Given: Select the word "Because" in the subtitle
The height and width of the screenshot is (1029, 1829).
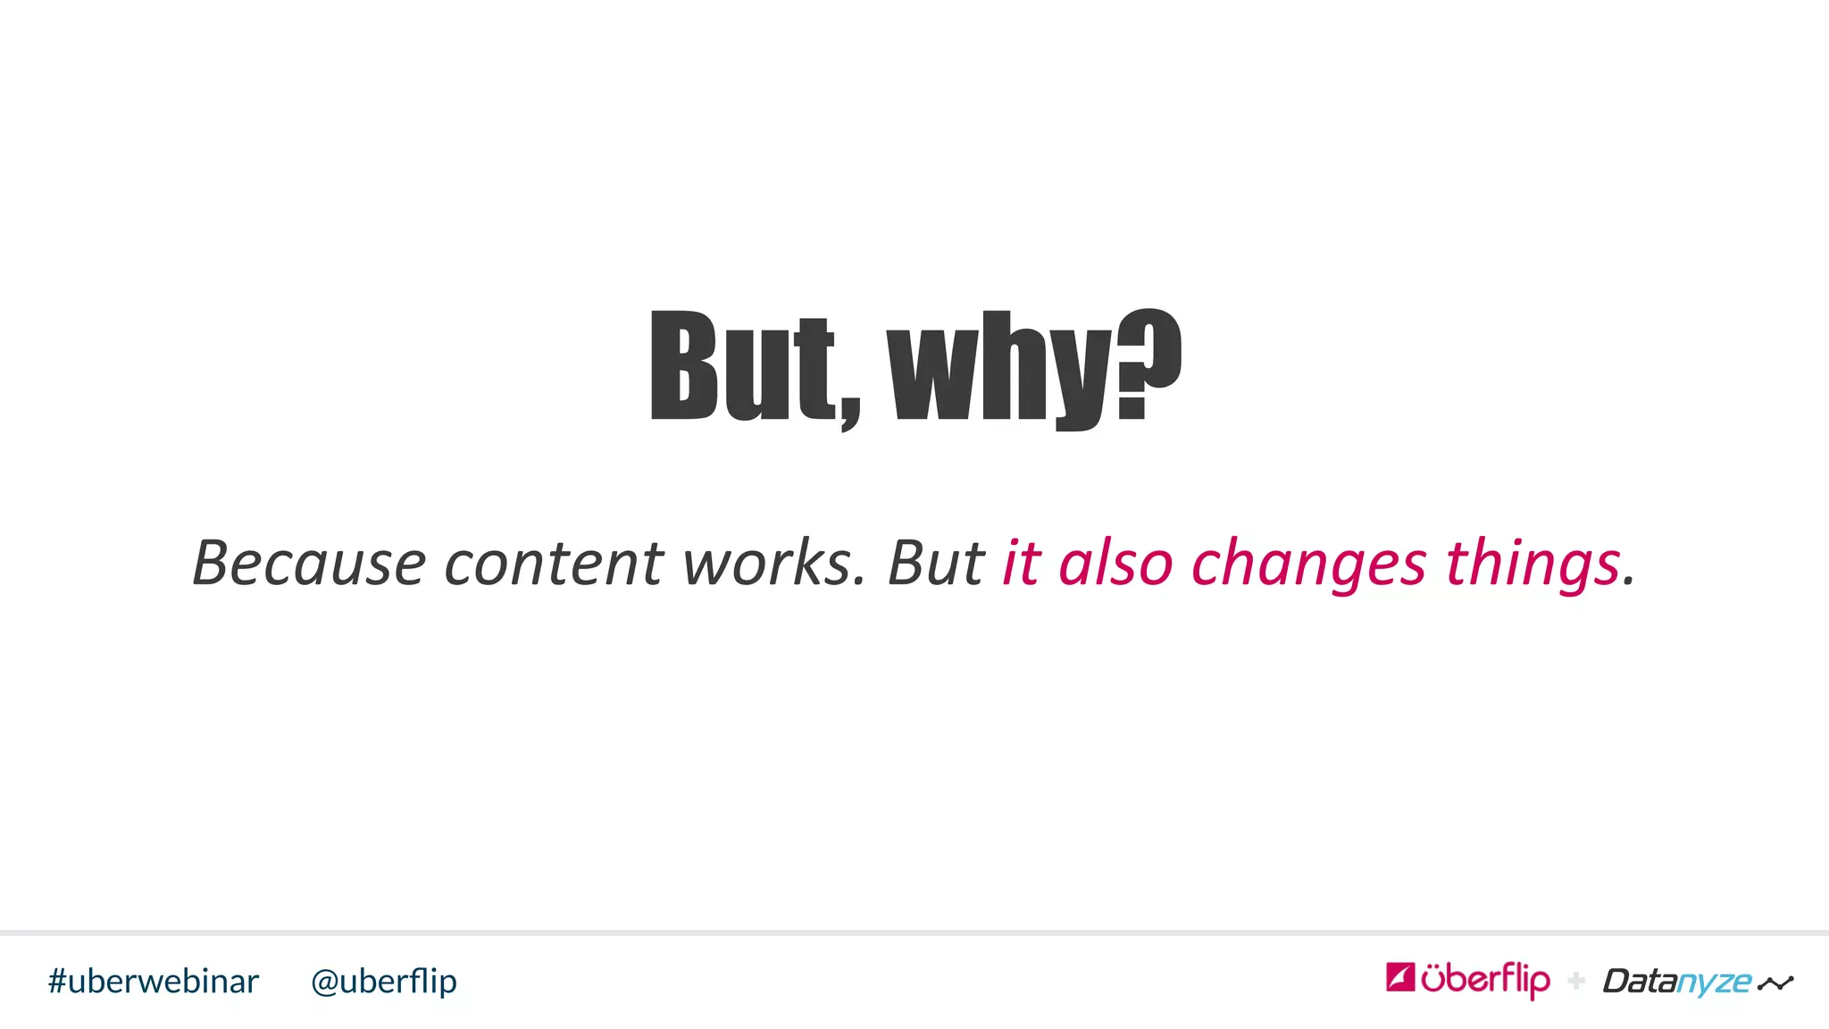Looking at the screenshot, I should point(309,564).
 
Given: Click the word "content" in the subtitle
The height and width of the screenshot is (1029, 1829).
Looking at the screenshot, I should point(554,564).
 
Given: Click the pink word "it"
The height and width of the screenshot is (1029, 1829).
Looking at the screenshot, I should point(1021,564).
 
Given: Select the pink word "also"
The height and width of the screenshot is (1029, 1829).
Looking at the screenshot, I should point(1115,564).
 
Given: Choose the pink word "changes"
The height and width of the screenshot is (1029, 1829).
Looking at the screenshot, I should point(1308,565).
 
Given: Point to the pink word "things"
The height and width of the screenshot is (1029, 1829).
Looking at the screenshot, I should point(1533,565).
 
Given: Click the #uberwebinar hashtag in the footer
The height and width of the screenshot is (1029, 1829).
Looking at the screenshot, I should point(154,981).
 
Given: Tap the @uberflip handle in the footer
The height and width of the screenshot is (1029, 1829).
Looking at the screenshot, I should point(384,982).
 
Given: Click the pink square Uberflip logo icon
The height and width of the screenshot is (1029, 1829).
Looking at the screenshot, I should point(1400,977).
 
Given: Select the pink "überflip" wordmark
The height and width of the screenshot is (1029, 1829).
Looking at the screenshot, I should point(1485,980).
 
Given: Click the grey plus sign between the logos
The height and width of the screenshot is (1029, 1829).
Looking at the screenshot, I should point(1576,981).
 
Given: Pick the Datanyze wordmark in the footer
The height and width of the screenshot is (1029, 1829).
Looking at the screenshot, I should point(1677,982).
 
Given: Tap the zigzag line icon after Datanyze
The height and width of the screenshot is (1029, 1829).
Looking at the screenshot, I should point(1775,983).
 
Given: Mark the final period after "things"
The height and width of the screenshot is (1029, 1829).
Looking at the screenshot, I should point(1629,582).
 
